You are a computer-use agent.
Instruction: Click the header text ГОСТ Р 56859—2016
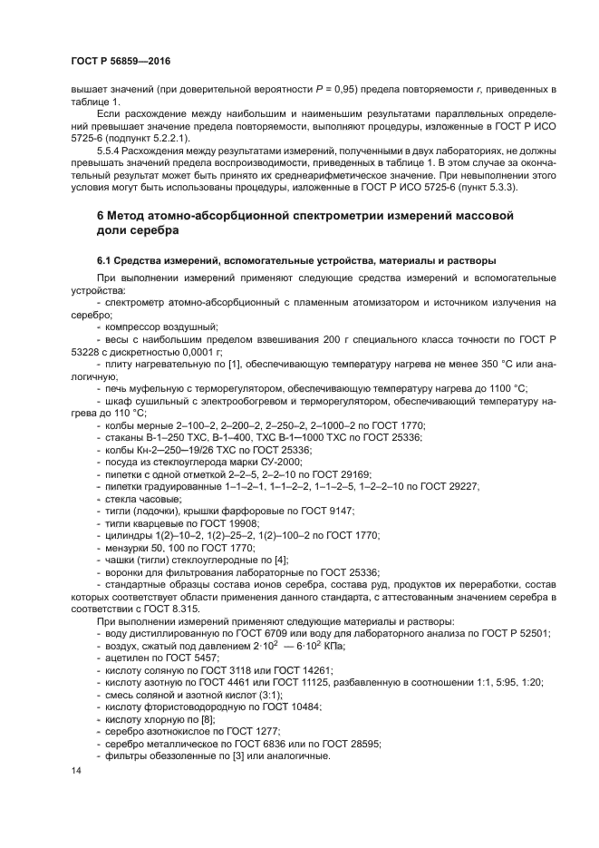pyautogui.click(x=121, y=61)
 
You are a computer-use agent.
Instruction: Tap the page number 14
pyautogui.click(x=75, y=770)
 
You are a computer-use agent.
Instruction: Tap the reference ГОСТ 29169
pyautogui.click(x=323, y=474)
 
